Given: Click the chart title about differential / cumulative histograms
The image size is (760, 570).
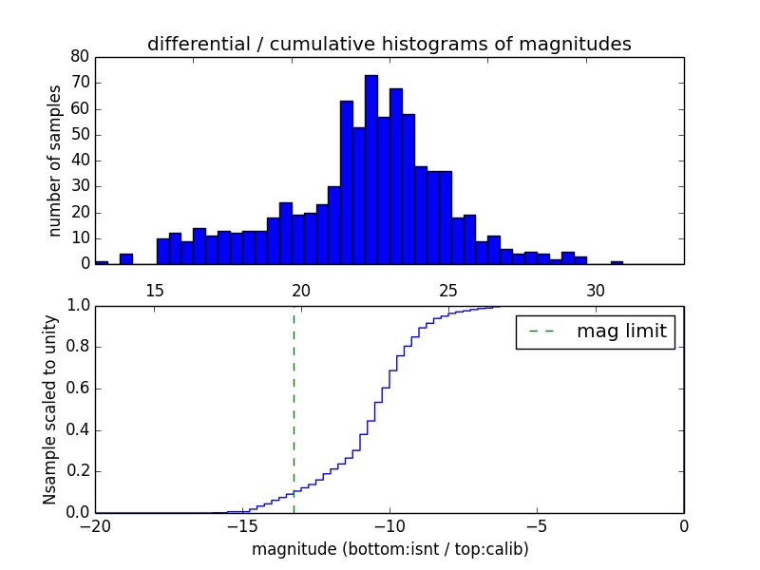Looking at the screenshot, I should pyautogui.click(x=389, y=44).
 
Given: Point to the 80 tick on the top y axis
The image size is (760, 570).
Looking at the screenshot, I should pyautogui.click(x=79, y=57).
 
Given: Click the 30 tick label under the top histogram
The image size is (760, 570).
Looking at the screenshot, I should pyautogui.click(x=596, y=290).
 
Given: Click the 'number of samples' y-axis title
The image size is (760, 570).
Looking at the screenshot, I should pyautogui.click(x=55, y=161).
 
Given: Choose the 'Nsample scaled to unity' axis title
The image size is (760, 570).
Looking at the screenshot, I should pyautogui.click(x=49, y=409).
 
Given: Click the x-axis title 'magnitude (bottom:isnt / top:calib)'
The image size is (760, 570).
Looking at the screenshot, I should pyautogui.click(x=389, y=549).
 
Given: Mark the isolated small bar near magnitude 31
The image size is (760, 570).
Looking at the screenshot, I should pyautogui.click(x=617, y=262).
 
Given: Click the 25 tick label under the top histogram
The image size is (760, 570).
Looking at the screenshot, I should pyautogui.click(x=448, y=290).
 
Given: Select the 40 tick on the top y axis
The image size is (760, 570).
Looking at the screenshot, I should pyautogui.click(x=79, y=161).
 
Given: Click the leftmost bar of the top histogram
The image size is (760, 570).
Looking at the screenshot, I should pyautogui.click(x=102, y=262).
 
